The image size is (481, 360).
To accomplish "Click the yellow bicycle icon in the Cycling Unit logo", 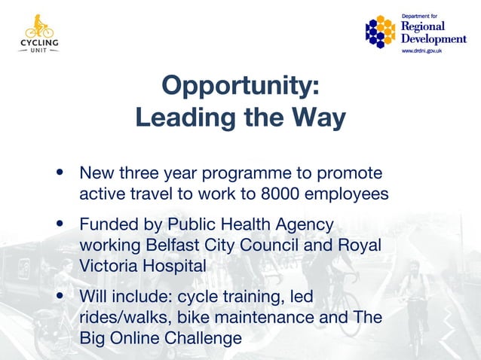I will coord(39,30).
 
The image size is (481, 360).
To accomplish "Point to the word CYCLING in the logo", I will coord(39,44).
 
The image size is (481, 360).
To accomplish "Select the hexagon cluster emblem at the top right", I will coord(381,32).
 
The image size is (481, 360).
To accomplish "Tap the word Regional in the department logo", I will coord(423,26).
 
